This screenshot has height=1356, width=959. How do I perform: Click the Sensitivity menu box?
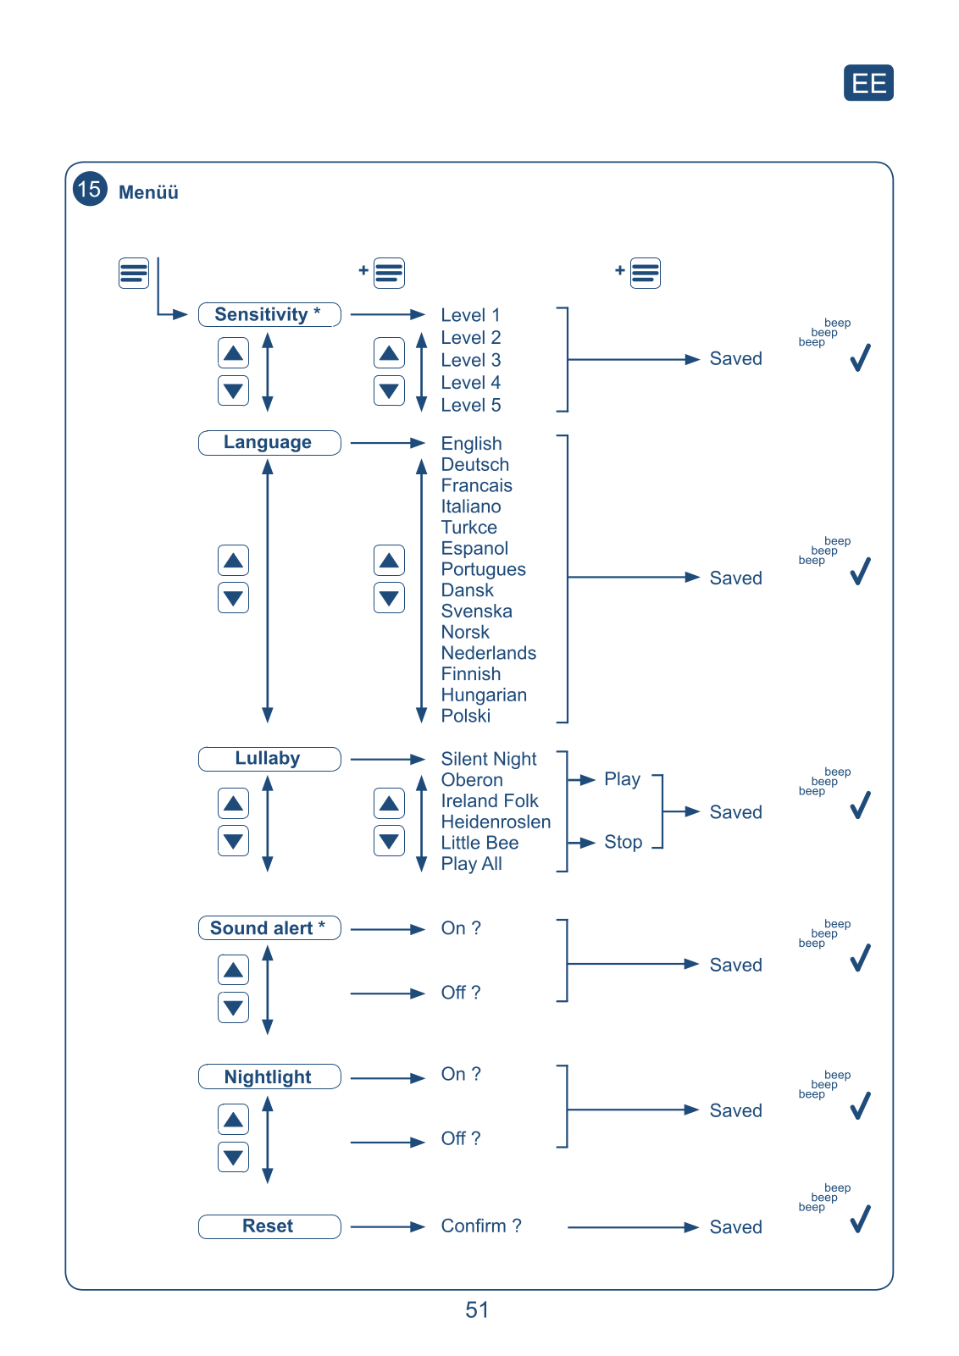269,314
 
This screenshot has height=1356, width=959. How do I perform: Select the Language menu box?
269,442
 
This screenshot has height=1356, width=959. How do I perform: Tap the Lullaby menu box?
269,758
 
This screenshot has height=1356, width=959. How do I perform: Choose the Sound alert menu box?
269,928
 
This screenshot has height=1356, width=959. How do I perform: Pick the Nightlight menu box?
269,1076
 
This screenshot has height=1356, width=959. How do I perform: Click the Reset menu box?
269,1226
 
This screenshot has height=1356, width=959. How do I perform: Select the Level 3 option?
470,360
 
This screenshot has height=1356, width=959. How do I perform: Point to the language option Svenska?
476,611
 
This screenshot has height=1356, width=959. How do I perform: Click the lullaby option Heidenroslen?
496,822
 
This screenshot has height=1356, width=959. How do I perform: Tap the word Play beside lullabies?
622,779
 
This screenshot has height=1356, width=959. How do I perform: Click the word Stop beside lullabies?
623,842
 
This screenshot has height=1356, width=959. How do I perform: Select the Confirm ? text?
480,1226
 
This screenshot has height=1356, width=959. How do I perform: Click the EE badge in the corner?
868,83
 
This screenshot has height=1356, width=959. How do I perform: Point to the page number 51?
477,1310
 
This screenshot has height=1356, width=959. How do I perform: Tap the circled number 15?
90,189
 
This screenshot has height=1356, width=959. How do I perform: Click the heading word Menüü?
148,192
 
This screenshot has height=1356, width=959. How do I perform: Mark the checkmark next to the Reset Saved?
860,1219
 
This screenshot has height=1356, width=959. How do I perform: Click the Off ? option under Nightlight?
460,1138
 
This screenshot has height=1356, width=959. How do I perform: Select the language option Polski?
465,716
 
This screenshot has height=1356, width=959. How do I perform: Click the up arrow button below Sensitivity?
233,353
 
